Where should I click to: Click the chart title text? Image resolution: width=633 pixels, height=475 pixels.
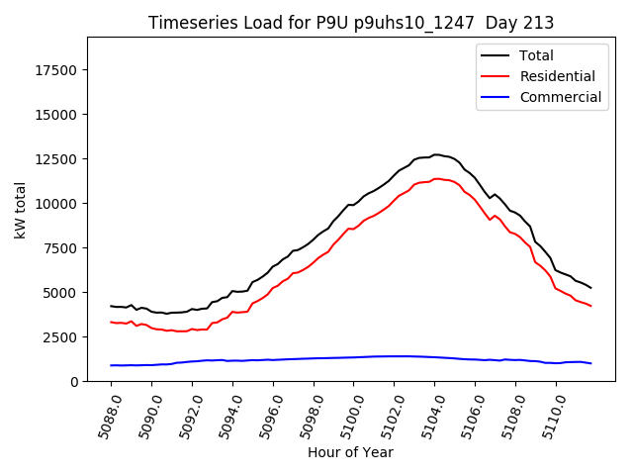click(x=351, y=23)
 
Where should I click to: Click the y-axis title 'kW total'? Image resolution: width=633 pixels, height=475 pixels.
click(x=21, y=209)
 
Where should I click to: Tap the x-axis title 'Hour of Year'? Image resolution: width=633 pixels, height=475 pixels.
click(x=350, y=452)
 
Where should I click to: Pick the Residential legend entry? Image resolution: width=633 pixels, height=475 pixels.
click(x=557, y=76)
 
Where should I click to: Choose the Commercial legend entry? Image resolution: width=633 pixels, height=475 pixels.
click(x=560, y=97)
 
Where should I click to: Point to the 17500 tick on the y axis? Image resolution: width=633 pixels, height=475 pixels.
click(x=57, y=70)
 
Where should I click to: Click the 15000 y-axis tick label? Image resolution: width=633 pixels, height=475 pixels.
click(x=57, y=115)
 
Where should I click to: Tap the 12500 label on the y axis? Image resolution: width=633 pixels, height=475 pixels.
click(x=57, y=159)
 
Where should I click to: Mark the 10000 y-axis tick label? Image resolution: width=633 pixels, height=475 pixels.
click(x=57, y=204)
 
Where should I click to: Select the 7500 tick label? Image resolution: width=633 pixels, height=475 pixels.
click(x=61, y=248)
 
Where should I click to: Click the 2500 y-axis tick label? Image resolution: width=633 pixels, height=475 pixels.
click(x=61, y=337)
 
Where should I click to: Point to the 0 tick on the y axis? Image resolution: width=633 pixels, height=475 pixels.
click(x=75, y=382)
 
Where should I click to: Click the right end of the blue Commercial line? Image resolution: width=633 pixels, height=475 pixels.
click(x=590, y=363)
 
